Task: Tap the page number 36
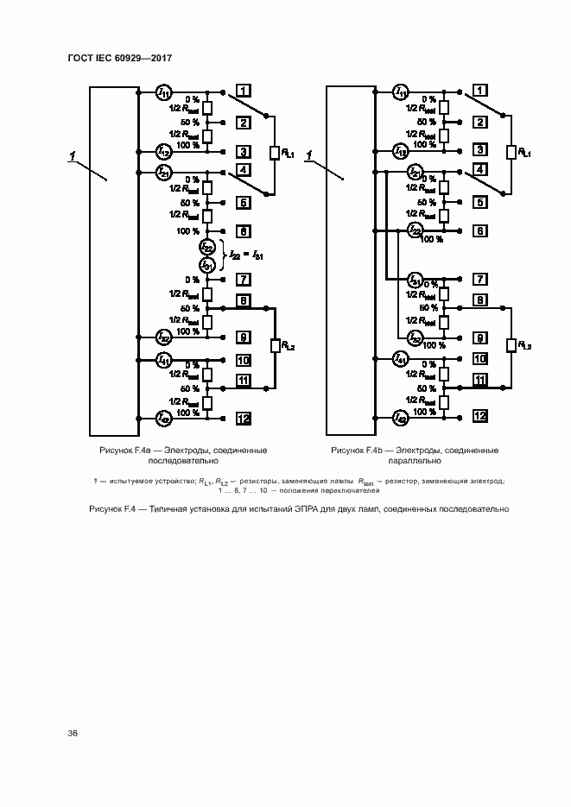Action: click(73, 733)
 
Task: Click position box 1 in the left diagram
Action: click(244, 91)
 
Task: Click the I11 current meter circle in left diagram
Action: click(163, 91)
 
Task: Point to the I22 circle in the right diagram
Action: click(415, 230)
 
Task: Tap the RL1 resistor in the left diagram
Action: click(275, 154)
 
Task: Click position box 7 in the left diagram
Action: click(244, 280)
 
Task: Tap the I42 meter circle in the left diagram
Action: click(163, 418)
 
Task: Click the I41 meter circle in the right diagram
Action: click(401, 357)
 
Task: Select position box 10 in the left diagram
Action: click(244, 360)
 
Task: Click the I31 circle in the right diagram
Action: click(415, 280)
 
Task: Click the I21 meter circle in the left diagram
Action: click(163, 173)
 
